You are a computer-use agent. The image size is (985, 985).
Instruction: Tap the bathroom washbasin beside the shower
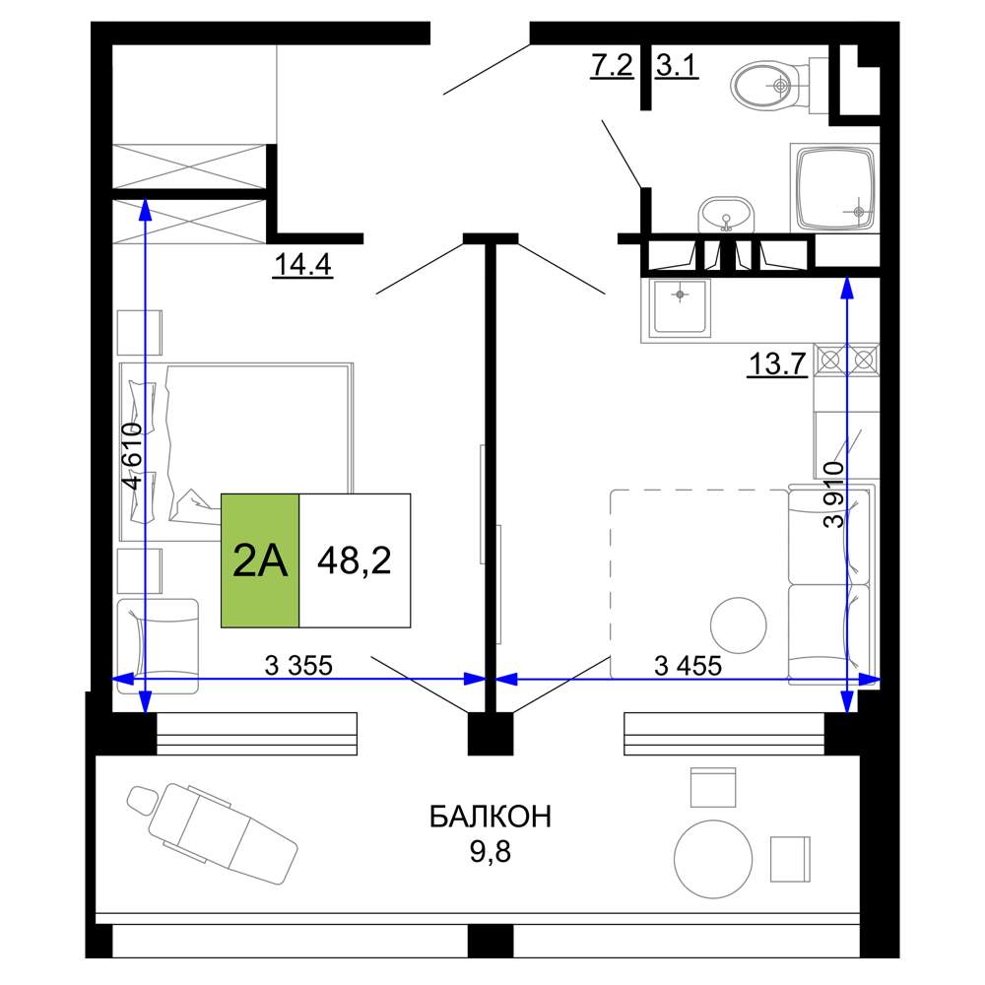tap(726, 215)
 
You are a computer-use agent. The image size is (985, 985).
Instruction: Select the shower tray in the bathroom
tap(835, 188)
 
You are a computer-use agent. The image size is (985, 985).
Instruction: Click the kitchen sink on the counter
tap(680, 306)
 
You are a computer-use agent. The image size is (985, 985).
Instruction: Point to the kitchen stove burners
tap(847, 360)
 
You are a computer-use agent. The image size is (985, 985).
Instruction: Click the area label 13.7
tap(777, 363)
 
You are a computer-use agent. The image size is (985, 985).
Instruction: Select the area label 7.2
tap(612, 65)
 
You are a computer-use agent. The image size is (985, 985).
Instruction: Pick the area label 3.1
tap(677, 65)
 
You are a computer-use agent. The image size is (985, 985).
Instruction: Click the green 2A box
tap(260, 560)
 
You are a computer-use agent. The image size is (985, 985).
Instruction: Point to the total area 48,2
tap(355, 560)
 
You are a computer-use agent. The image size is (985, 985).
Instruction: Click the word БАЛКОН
tap(490, 817)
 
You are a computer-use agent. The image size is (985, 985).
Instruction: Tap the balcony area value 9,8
tap(490, 852)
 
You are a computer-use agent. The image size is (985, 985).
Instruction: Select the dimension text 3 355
tap(298, 665)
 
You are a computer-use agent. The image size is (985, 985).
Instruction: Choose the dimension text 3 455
tap(688, 665)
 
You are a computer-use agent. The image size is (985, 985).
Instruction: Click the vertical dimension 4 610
tap(133, 455)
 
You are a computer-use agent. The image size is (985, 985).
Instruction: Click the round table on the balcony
tap(713, 859)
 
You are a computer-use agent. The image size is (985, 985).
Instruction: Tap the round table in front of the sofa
tap(738, 625)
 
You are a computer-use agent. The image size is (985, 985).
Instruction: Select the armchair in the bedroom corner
tap(158, 646)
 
